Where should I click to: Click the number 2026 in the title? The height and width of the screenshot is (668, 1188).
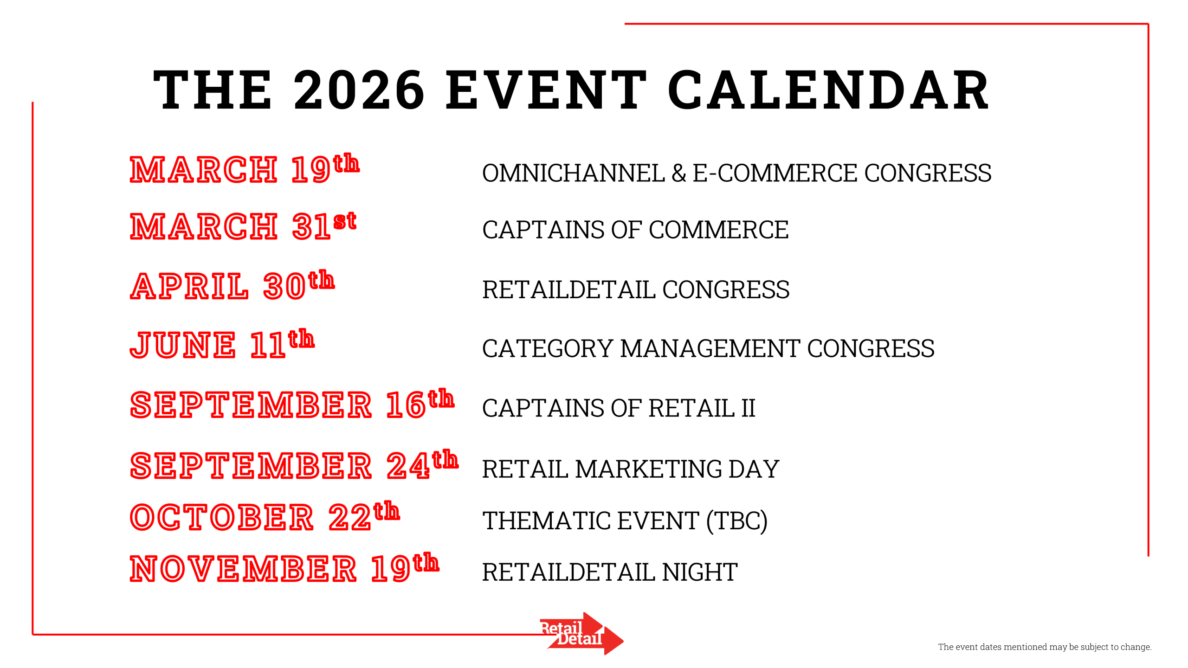(359, 89)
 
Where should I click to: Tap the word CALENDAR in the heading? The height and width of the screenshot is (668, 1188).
(828, 89)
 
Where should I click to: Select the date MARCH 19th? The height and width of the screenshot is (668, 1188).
(245, 168)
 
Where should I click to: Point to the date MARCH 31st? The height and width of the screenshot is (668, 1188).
(243, 226)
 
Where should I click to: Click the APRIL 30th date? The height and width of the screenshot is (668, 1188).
(232, 284)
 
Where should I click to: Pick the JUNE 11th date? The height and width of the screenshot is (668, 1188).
(222, 344)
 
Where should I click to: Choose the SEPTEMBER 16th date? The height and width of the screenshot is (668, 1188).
(292, 404)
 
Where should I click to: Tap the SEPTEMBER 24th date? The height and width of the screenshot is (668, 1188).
(294, 464)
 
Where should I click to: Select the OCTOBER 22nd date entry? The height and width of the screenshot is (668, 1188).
(265, 516)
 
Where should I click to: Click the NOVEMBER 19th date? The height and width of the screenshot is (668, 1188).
(284, 567)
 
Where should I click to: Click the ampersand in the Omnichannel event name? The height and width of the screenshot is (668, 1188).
(678, 173)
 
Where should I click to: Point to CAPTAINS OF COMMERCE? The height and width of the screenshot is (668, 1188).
(635, 230)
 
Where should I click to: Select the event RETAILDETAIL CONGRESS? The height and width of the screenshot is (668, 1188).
(636, 289)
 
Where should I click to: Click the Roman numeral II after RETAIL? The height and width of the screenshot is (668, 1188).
(748, 408)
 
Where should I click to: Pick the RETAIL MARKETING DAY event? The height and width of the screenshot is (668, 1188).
(631, 469)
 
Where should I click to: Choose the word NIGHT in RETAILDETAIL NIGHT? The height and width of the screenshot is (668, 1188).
(700, 572)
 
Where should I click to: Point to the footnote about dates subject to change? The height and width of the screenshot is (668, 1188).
(1045, 647)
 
